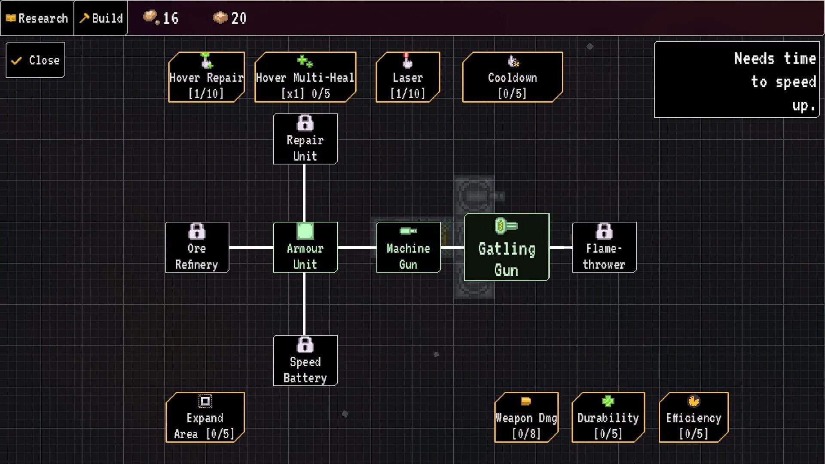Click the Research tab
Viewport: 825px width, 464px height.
[x=37, y=18]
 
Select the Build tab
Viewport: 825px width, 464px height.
[x=101, y=18]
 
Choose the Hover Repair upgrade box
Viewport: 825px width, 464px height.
[x=206, y=77]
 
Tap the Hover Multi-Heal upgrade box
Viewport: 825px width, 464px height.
[x=305, y=77]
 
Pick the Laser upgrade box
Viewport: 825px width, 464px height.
[x=408, y=77]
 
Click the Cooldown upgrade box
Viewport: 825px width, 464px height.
[x=512, y=77]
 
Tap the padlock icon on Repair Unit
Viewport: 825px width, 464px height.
[x=305, y=123]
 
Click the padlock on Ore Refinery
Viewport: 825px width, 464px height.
[x=197, y=232]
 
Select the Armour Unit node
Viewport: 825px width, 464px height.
[x=305, y=247]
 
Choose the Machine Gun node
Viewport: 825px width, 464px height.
[x=408, y=247]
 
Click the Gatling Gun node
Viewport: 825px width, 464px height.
[x=507, y=247]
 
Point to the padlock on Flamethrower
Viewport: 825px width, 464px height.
[x=604, y=232]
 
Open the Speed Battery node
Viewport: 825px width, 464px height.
[x=305, y=361]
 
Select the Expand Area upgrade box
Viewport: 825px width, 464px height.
[x=205, y=417]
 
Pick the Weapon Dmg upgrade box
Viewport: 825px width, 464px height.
[x=526, y=417]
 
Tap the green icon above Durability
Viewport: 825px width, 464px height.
[x=608, y=401]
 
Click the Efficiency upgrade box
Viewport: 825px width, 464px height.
[x=694, y=417]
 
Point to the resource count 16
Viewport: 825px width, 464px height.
[x=171, y=18]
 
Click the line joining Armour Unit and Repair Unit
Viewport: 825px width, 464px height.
[x=304, y=193]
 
